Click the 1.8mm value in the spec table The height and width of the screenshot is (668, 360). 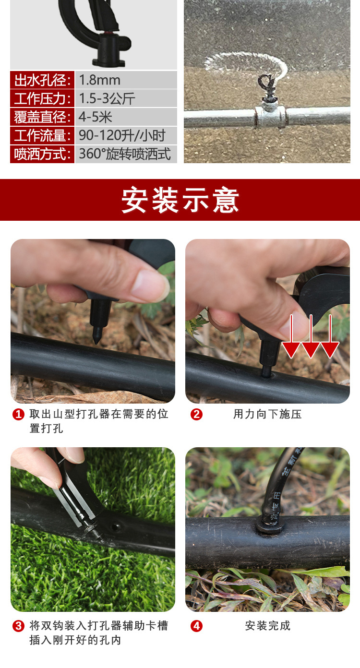[x=100, y=80]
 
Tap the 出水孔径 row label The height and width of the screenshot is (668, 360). [x=42, y=80]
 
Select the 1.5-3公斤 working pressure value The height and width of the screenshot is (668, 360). [x=107, y=98]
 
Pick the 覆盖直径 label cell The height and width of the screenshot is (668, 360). [x=42, y=117]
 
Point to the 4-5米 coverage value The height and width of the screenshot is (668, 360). [x=96, y=117]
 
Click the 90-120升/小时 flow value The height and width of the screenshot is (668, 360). [x=122, y=135]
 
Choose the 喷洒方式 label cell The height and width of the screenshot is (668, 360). [x=42, y=154]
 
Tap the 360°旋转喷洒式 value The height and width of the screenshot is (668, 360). [x=125, y=154]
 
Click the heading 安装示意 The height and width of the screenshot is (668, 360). [x=180, y=200]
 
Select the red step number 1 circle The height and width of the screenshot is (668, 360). [x=18, y=414]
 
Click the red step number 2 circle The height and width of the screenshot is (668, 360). [x=196, y=414]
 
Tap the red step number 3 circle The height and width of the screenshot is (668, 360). [x=18, y=626]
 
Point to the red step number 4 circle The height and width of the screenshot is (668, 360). [x=196, y=626]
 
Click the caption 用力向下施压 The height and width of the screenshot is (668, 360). [x=267, y=414]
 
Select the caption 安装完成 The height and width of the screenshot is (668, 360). [x=267, y=626]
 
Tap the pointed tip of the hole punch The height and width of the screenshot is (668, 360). [x=96, y=343]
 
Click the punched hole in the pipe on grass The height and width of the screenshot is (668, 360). [x=116, y=526]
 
